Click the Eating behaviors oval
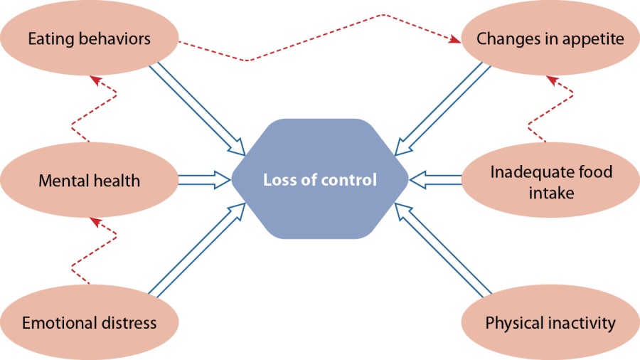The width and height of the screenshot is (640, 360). (x=90, y=38)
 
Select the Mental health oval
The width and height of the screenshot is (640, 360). (x=90, y=180)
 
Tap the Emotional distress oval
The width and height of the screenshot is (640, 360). (x=90, y=322)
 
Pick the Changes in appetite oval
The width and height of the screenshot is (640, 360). (x=550, y=38)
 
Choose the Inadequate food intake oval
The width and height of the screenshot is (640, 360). (x=550, y=180)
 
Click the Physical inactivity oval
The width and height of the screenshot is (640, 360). (x=550, y=322)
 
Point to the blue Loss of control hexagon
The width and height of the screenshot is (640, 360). (x=320, y=179)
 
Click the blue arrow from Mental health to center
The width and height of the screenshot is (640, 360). (x=205, y=180)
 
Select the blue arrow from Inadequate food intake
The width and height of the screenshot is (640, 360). (x=435, y=180)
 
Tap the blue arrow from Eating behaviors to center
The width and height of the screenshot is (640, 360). (x=198, y=109)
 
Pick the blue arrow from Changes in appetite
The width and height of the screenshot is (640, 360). (x=442, y=109)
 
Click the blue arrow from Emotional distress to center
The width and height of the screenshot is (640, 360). (x=198, y=250)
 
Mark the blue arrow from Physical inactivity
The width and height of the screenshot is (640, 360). (x=443, y=250)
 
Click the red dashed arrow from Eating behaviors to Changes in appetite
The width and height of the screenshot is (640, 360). (x=319, y=37)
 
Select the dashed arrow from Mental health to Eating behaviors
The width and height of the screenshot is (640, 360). (x=95, y=109)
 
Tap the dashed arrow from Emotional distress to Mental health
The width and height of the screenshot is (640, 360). (x=95, y=251)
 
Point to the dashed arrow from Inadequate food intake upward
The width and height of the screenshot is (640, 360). (x=550, y=109)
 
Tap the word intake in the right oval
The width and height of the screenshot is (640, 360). (x=551, y=193)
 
